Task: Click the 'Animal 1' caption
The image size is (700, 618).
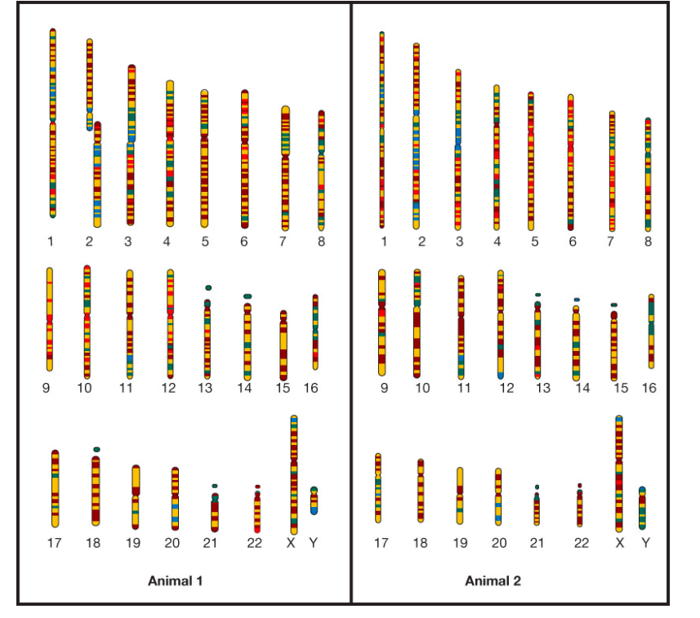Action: click(x=175, y=581)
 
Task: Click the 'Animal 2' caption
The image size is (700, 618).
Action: click(x=493, y=581)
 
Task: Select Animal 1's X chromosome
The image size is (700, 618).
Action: click(x=294, y=474)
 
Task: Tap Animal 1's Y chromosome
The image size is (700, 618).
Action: click(x=314, y=500)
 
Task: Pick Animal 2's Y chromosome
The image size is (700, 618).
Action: click(x=643, y=508)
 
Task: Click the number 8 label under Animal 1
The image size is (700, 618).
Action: click(x=322, y=242)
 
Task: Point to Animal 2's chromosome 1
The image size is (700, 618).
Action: click(x=381, y=131)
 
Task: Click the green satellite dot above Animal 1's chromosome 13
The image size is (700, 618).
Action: click(x=208, y=288)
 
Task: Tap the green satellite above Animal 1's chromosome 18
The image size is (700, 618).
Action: click(x=96, y=449)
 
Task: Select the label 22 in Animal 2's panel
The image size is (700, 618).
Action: click(x=581, y=543)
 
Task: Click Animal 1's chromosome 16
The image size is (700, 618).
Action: click(x=315, y=332)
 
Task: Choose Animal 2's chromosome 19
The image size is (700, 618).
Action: click(x=460, y=495)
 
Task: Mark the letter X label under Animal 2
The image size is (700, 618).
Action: click(x=619, y=543)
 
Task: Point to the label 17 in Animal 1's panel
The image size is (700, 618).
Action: click(x=55, y=543)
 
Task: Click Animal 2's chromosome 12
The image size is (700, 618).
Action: click(x=501, y=324)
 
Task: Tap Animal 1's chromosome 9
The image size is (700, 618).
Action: click(x=50, y=319)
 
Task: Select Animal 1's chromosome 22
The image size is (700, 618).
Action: click(x=257, y=511)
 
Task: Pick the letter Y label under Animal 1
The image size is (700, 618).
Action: click(x=313, y=543)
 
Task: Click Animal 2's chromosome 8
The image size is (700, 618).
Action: click(x=648, y=173)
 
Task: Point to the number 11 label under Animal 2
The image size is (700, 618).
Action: click(x=464, y=389)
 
